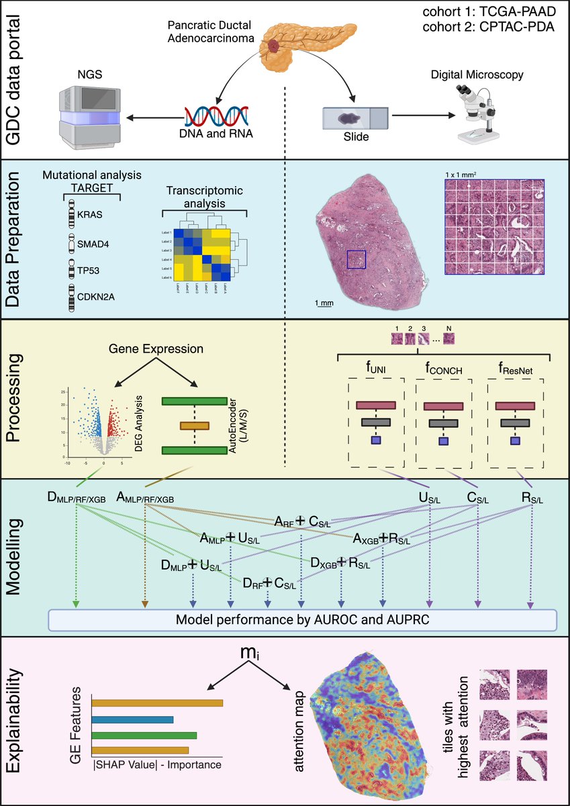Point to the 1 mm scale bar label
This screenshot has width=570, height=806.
[x=324, y=304]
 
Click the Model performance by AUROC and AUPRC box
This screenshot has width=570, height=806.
[x=304, y=619]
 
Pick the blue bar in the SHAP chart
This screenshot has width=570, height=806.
[x=132, y=720]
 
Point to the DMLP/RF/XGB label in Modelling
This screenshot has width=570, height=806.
[x=77, y=498]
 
